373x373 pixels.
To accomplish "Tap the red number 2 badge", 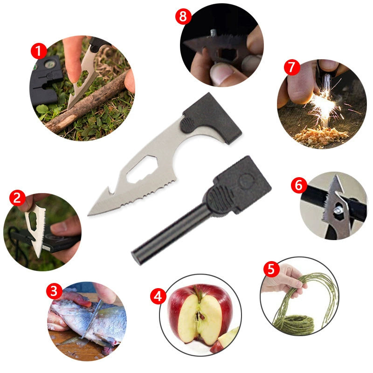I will pos(17,198).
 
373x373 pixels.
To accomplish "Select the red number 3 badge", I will pos(55,292).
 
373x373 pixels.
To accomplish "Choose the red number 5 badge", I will pos(271,269).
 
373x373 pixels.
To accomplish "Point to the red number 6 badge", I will pos(299,186).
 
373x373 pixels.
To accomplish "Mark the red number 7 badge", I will pos(291,67).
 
